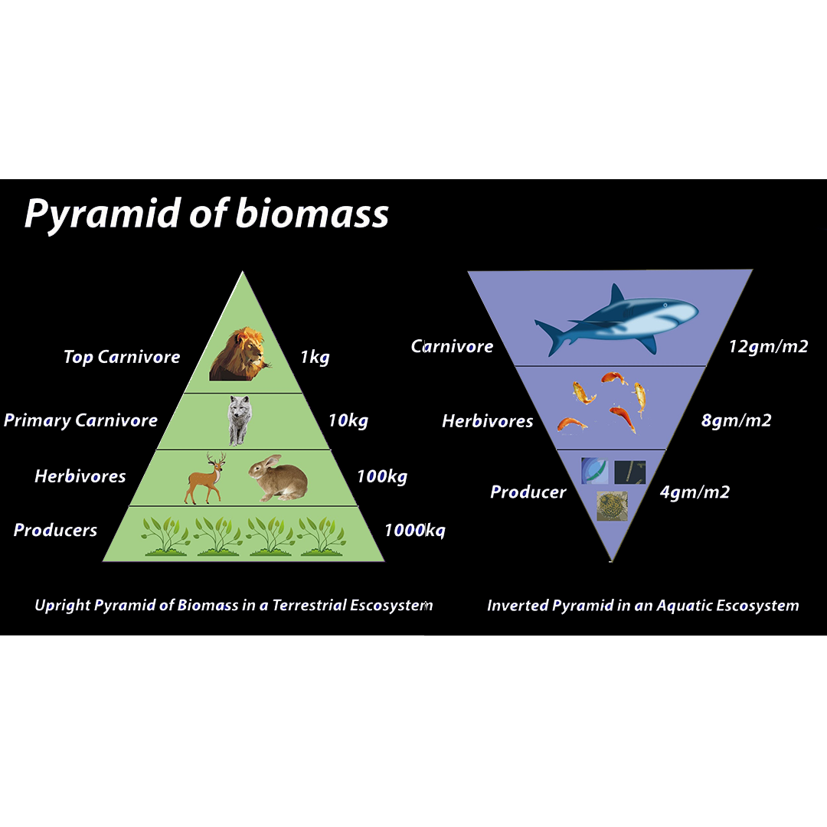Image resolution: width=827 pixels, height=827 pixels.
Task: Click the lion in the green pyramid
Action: (240, 355)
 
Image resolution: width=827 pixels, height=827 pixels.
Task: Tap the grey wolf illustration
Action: (240, 420)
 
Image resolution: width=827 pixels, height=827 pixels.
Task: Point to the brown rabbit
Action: (278, 478)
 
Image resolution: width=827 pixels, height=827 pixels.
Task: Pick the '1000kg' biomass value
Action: (414, 530)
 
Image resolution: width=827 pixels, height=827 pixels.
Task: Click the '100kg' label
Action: (381, 476)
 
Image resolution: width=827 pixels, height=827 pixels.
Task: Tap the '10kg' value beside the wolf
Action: (348, 420)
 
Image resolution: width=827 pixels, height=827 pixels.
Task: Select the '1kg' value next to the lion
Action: (314, 357)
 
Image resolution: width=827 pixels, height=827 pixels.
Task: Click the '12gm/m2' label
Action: (768, 347)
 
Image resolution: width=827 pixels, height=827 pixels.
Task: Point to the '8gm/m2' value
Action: (736, 420)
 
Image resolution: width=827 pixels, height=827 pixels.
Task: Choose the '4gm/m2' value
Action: (695, 492)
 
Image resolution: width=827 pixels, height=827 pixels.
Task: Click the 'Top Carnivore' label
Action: (122, 357)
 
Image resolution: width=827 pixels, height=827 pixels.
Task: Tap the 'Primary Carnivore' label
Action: (80, 420)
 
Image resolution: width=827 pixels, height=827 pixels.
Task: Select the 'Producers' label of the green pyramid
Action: (55, 530)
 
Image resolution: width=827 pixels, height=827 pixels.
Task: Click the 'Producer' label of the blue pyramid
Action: (528, 492)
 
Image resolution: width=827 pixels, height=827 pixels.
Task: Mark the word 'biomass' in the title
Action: (312, 214)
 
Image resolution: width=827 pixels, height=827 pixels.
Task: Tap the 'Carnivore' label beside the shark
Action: (452, 347)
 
